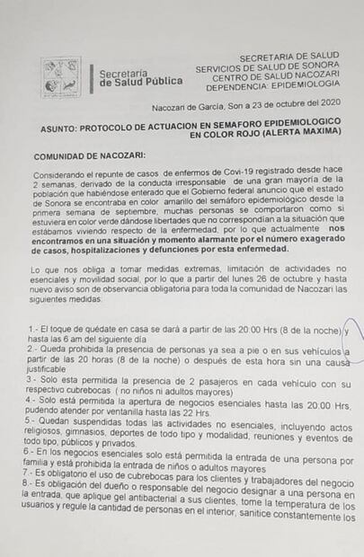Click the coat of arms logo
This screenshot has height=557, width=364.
tap(61, 77)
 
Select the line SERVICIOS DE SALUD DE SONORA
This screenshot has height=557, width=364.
tap(269, 66)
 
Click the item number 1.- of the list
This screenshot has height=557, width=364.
tap(33, 332)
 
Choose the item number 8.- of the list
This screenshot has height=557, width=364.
tap(33, 483)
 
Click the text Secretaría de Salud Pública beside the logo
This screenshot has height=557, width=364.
tap(140, 77)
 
